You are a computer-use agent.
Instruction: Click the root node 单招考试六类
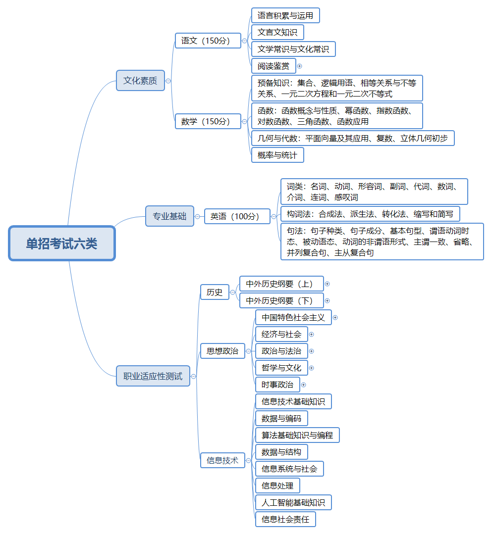[62, 243]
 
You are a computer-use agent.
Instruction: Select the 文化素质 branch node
[140, 80]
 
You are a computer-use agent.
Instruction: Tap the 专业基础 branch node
[169, 216]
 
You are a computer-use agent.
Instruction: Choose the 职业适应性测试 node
[153, 376]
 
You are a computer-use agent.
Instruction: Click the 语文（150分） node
[208, 41]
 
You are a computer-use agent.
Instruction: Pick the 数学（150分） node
[208, 121]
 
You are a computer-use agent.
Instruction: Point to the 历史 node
[215, 292]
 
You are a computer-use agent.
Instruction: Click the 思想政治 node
[222, 351]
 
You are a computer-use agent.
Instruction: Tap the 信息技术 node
[222, 460]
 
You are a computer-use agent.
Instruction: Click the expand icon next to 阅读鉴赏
[299, 66]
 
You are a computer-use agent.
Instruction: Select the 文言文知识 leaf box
[277, 32]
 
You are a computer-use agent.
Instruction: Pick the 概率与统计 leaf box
[277, 155]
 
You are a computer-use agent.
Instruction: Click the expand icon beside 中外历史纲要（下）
[327, 300]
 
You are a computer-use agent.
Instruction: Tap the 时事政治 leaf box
[277, 385]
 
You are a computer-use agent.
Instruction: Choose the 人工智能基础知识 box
[293, 502]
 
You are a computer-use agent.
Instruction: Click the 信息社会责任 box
[285, 519]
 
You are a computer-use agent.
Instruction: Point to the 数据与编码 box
[281, 418]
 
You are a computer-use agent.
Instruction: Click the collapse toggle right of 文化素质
[168, 81]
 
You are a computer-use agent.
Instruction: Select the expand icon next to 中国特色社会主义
[335, 317]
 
